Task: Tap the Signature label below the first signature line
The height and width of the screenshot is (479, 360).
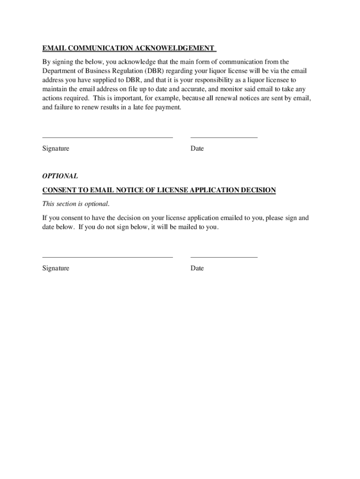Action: (56, 149)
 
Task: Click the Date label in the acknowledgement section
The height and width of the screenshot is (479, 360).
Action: (197, 149)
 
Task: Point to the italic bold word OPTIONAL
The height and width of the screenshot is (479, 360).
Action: (60, 176)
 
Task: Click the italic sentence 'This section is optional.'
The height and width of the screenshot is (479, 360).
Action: (76, 203)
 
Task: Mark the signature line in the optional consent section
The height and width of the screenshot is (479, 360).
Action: (108, 257)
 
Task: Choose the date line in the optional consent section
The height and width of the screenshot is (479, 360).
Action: (224, 257)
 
